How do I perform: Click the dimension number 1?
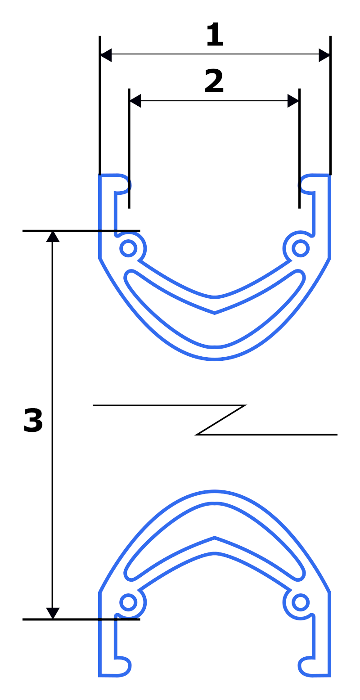pyautogui.click(x=215, y=34)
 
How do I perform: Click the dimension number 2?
pyautogui.click(x=214, y=81)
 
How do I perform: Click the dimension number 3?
pyautogui.click(x=33, y=420)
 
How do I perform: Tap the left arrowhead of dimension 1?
pyautogui.click(x=106, y=55)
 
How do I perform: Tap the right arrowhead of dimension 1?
pyautogui.click(x=324, y=55)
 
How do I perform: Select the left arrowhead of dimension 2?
pyautogui.click(x=135, y=101)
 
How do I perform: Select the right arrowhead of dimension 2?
pyautogui.click(x=293, y=101)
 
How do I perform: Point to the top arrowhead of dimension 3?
pyautogui.click(x=53, y=237)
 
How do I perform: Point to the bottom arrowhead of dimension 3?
pyautogui.click(x=53, y=613)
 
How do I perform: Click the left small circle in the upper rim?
pyautogui.click(x=128, y=248)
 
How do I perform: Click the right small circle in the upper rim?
pyautogui.click(x=301, y=248)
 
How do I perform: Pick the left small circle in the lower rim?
pyautogui.click(x=128, y=602)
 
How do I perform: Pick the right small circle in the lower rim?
pyautogui.click(x=301, y=602)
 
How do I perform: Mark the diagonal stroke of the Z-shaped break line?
pyautogui.click(x=221, y=420)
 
